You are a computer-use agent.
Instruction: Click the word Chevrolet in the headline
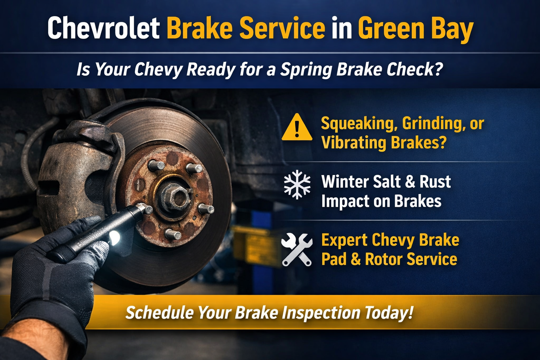[x=103, y=28]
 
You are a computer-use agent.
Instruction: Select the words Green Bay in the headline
[x=416, y=29]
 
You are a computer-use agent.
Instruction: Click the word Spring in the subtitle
[x=306, y=69]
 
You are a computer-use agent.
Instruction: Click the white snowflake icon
[x=297, y=185]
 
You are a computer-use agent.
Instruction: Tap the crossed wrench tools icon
[x=297, y=249]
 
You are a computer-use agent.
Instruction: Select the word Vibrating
[x=354, y=143]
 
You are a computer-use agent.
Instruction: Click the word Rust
[x=435, y=182]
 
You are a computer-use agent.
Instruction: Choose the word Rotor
[x=384, y=259]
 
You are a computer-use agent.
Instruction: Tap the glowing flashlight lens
[x=114, y=238]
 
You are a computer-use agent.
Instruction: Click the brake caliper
[x=76, y=169]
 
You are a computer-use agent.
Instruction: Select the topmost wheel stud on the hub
[x=156, y=165]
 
